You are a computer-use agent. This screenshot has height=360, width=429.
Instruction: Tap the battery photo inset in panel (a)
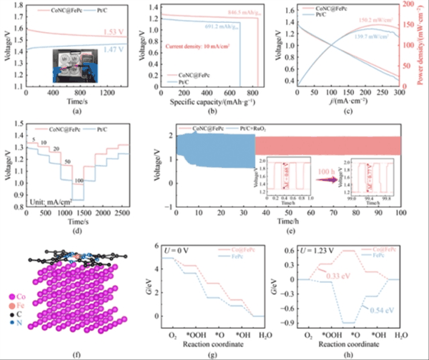(x=69, y=69)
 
